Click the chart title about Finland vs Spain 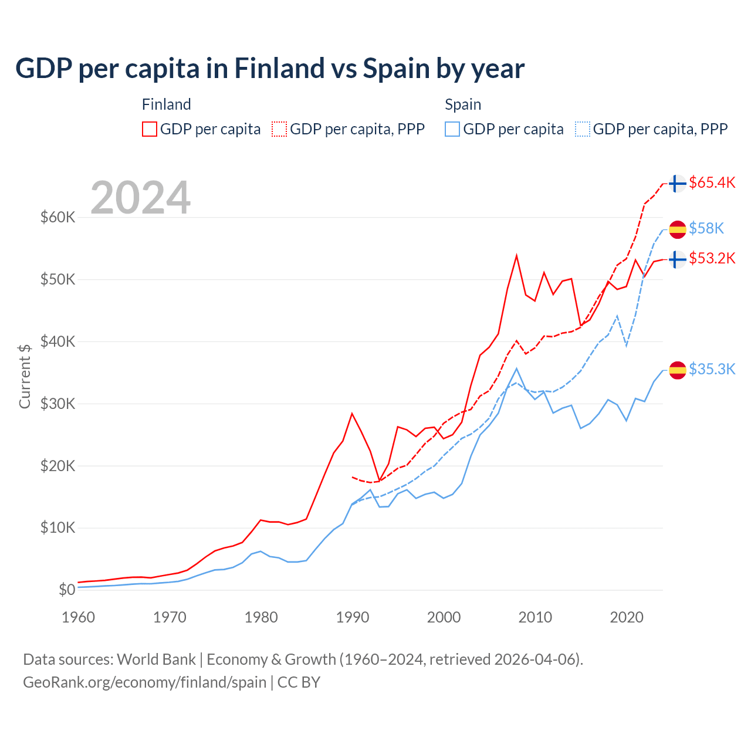[270, 69]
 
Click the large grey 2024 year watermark [141, 198]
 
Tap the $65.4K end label [712, 182]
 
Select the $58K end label [706, 228]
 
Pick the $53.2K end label [712, 258]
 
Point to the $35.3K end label [712, 369]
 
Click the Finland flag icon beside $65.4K [678, 184]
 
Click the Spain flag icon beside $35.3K [678, 370]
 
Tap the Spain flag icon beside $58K [678, 229]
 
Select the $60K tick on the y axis [58, 218]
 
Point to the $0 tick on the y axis [67, 590]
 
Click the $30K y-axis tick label [58, 404]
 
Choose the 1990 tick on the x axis [352, 617]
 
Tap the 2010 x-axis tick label [535, 617]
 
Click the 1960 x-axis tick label [78, 617]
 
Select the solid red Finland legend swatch [150, 129]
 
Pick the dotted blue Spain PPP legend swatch [583, 129]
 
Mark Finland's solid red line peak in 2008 [516, 255]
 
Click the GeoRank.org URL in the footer [144, 682]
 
